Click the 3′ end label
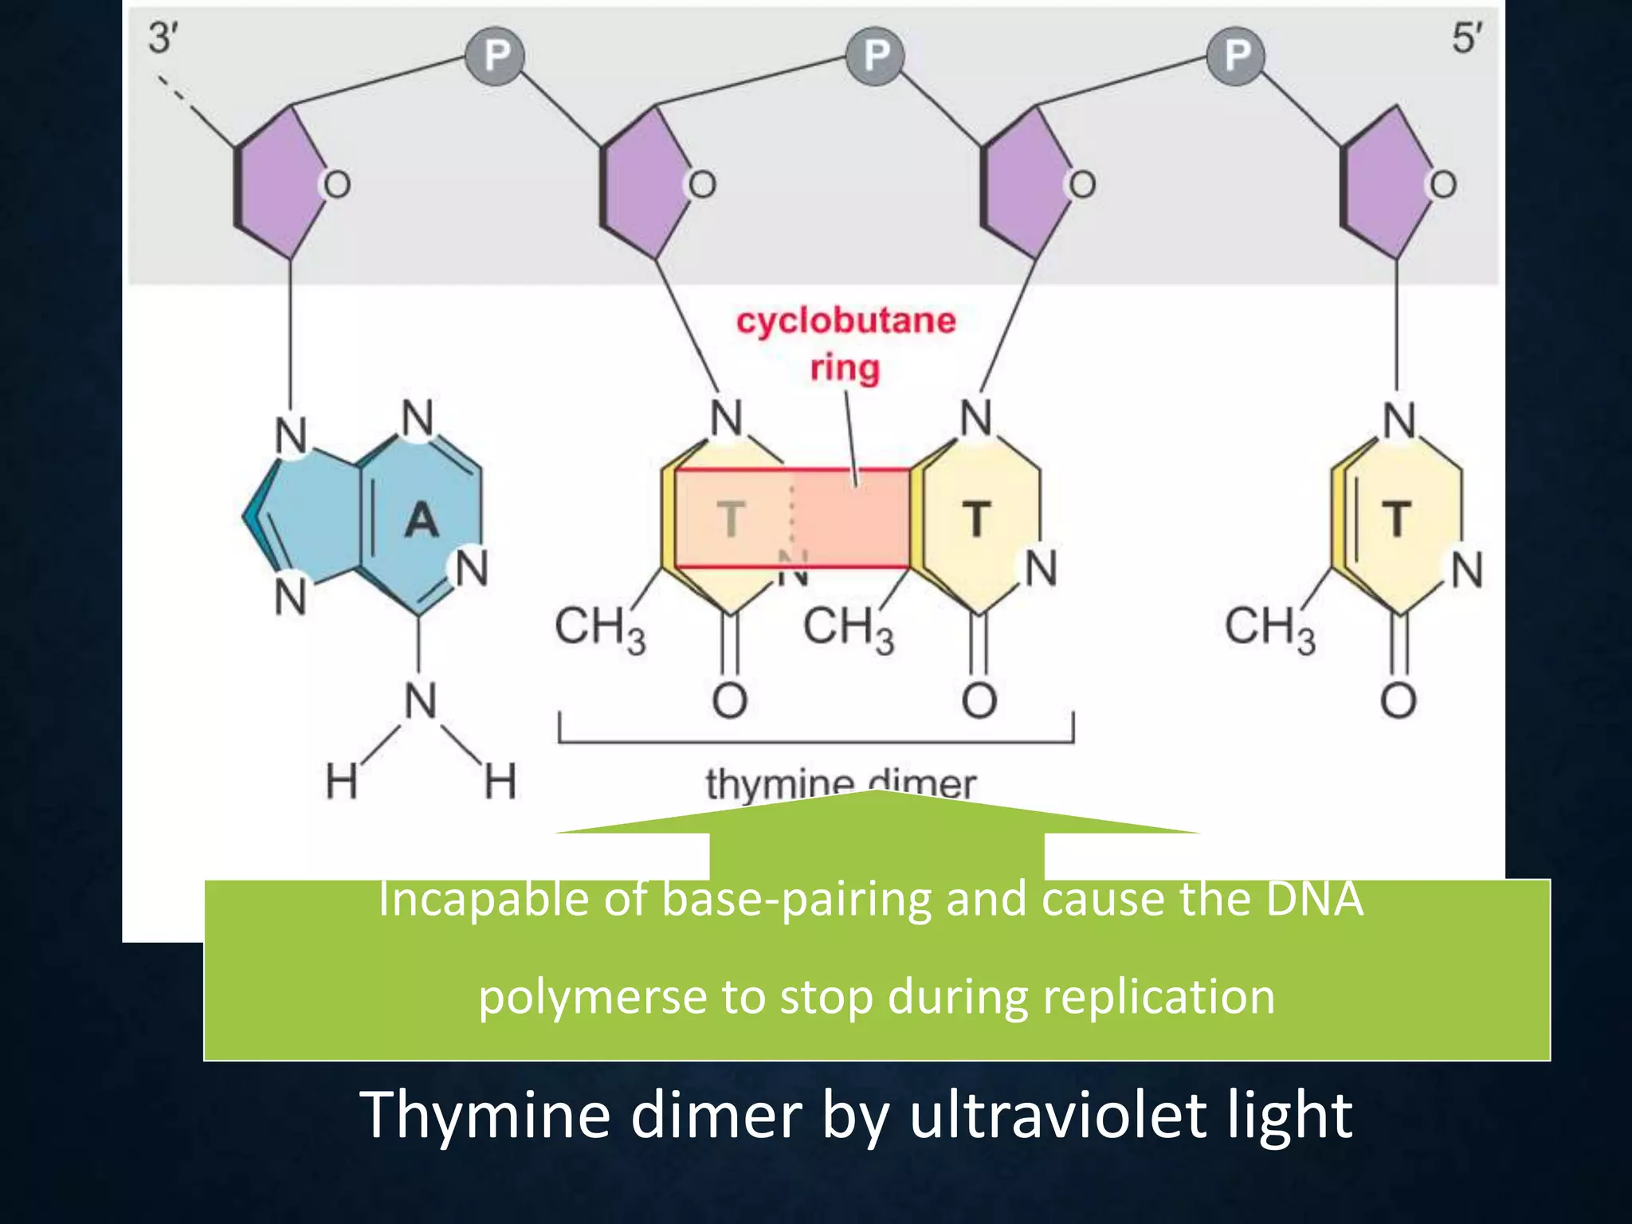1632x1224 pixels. click(x=163, y=37)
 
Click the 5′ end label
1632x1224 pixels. click(x=1467, y=37)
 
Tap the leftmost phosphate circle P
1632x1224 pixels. click(x=496, y=56)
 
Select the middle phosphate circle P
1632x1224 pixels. click(x=876, y=56)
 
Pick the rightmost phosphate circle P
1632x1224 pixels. click(x=1236, y=56)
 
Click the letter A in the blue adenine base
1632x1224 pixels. click(x=422, y=520)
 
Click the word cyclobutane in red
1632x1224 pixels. click(x=845, y=320)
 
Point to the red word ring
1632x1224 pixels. click(x=845, y=368)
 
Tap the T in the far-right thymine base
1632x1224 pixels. click(x=1396, y=519)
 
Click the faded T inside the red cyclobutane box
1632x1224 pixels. click(x=731, y=519)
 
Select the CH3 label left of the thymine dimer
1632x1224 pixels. click(x=599, y=628)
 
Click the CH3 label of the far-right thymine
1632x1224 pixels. click(x=1269, y=628)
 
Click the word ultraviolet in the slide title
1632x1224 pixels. click(x=1060, y=1115)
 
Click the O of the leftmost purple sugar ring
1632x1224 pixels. click(x=336, y=185)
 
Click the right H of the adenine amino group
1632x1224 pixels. click(x=500, y=781)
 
